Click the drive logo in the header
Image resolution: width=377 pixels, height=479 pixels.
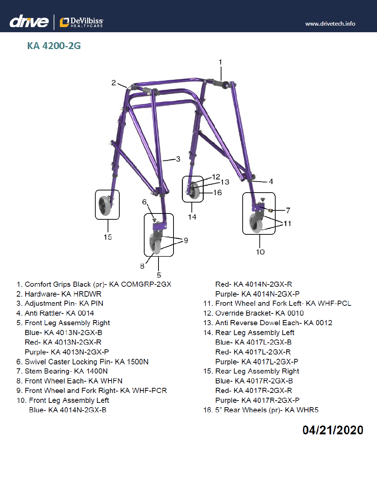click(29, 22)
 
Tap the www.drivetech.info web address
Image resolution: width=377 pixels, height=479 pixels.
click(330, 24)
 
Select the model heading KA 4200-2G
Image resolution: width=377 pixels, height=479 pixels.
click(54, 46)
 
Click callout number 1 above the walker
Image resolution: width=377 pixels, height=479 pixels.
click(220, 62)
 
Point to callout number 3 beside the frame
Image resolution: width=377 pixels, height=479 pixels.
click(178, 159)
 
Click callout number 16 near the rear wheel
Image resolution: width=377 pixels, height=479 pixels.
click(217, 193)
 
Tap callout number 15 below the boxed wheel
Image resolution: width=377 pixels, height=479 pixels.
click(108, 237)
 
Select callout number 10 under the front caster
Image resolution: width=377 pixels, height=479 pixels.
click(260, 252)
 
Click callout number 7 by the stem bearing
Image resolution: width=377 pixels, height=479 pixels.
click(288, 210)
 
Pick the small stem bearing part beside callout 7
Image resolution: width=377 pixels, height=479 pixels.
click(271, 210)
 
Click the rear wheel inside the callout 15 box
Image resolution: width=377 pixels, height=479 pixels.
click(104, 205)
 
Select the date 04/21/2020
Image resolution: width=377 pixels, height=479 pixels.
click(333, 430)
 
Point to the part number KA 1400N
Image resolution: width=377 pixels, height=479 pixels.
click(91, 371)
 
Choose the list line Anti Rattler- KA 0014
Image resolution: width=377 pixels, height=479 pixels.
click(55, 313)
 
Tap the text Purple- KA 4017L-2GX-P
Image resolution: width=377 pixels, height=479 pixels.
click(257, 362)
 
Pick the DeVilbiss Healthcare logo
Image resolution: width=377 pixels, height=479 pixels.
click(82, 22)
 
